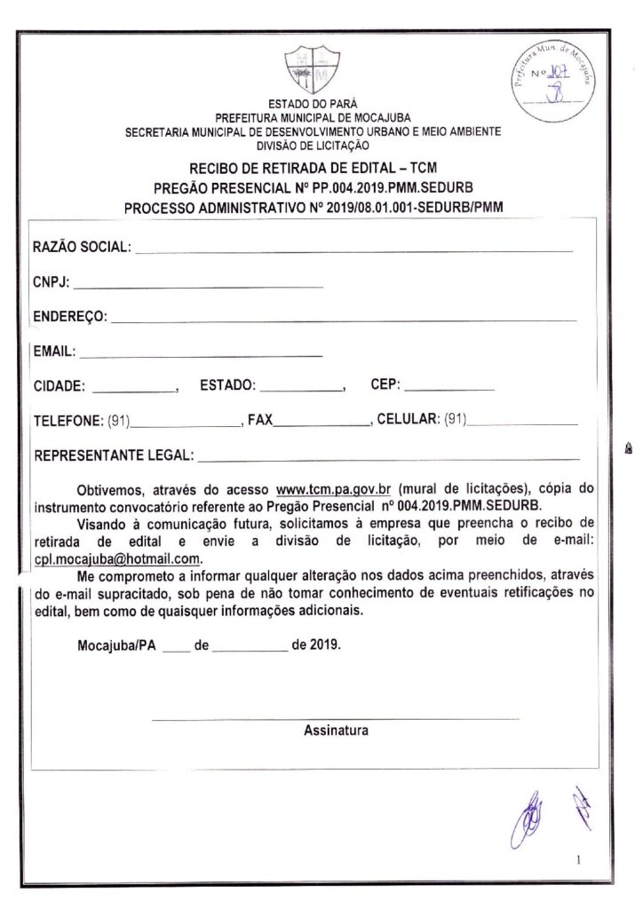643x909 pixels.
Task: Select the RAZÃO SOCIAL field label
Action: point(83,246)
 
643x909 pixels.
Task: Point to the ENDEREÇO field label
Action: point(70,316)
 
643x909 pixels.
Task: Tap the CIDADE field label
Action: point(60,386)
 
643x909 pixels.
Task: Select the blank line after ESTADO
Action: point(301,390)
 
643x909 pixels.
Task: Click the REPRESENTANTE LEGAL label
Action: point(114,455)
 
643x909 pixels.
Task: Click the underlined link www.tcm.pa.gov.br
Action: point(333,489)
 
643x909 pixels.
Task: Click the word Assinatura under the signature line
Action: point(336,731)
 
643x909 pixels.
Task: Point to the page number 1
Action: point(578,859)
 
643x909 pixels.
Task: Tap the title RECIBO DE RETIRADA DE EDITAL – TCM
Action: point(313,168)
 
